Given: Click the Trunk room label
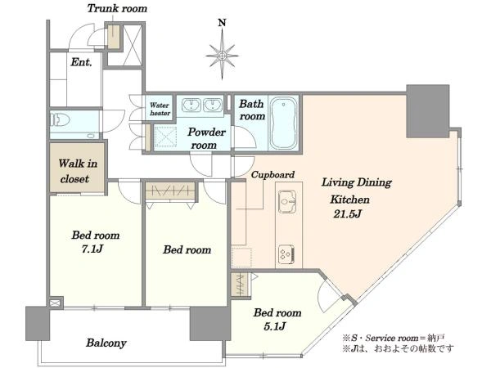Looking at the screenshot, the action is (117, 8).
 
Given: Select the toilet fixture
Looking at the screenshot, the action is (60, 119).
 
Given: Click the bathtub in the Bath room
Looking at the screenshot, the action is (284, 123).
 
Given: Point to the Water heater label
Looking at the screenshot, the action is (160, 109).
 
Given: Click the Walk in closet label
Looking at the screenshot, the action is (78, 171).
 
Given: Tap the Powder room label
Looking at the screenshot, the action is (205, 138).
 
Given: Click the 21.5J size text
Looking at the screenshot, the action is (348, 213).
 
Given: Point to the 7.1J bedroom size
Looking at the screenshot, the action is (92, 249).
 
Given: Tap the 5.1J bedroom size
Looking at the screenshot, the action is (275, 326).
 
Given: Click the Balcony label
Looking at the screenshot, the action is (106, 343).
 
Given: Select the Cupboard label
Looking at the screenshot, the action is (273, 175).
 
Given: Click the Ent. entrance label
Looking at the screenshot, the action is (81, 62).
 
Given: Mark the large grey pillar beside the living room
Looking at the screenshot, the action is (428, 111).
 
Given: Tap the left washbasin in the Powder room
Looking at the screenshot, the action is (191, 105).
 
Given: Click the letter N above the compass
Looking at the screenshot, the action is (222, 23).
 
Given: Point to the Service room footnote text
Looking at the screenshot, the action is (393, 339).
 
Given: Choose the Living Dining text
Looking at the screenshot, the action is (357, 182).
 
